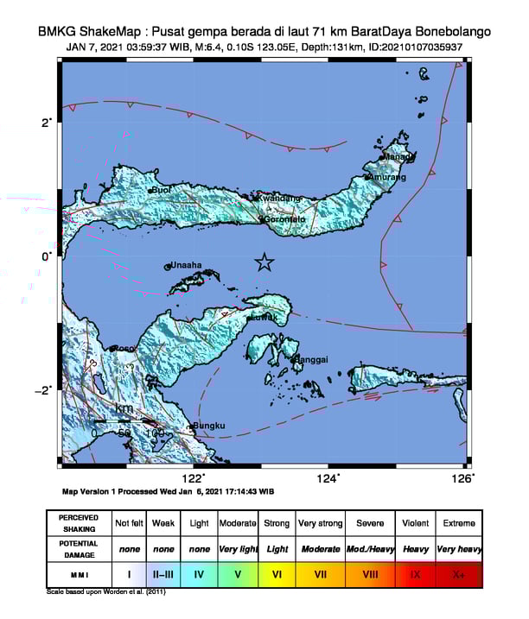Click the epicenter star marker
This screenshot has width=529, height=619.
click(264, 262)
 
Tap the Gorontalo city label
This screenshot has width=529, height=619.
click(285, 219)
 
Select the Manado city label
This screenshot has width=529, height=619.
click(398, 157)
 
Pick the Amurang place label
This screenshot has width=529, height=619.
click(386, 177)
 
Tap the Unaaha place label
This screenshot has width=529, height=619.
click(186, 265)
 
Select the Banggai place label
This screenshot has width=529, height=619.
click(311, 359)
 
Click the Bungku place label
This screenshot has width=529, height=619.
click(209, 426)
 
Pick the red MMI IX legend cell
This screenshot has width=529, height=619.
click(416, 572)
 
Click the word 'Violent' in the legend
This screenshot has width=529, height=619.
click(416, 523)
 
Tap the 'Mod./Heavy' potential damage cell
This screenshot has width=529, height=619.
click(370, 548)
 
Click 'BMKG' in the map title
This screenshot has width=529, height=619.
click(58, 32)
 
